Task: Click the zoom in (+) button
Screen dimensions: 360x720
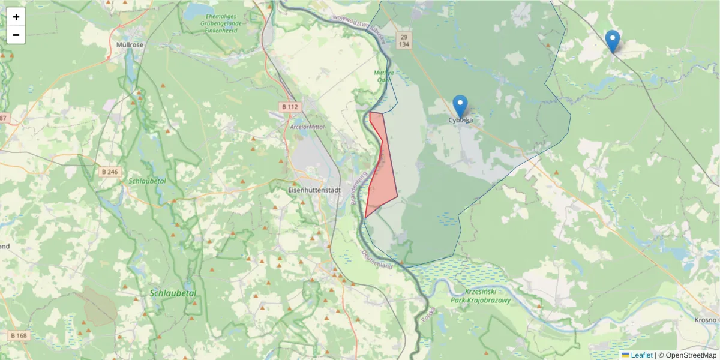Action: point(16,17)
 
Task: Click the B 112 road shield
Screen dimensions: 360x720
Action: point(289,107)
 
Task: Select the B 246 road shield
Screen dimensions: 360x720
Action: point(110,172)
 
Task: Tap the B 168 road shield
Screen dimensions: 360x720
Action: point(19,335)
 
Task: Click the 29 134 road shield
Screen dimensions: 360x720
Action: point(404,40)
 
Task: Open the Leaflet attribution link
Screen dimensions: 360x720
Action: point(641,355)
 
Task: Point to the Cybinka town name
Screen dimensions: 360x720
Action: point(460,120)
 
